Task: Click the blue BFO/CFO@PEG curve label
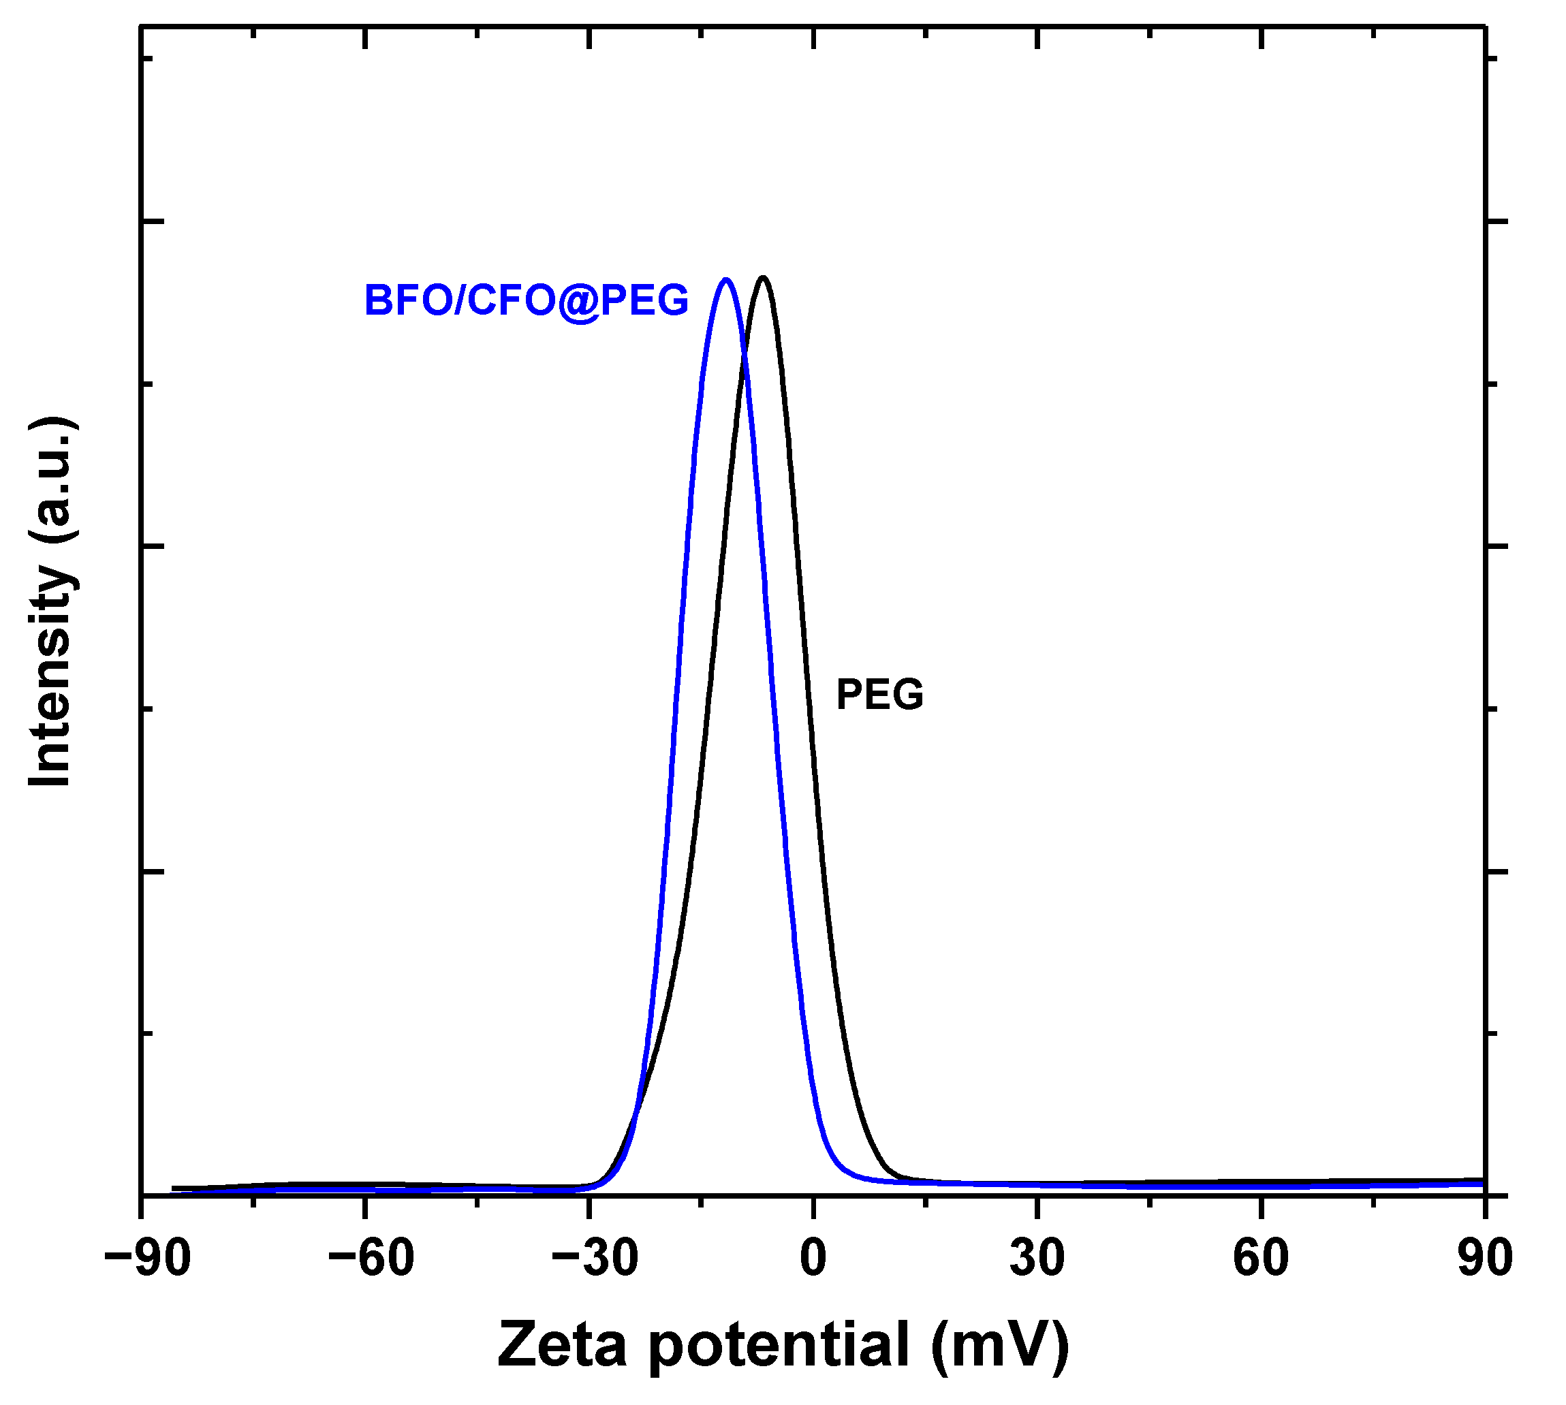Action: click(526, 300)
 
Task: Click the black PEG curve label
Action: click(879, 694)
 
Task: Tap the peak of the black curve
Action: click(764, 277)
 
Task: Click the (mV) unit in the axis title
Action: click(1000, 1346)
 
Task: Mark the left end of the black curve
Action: click(173, 1188)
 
